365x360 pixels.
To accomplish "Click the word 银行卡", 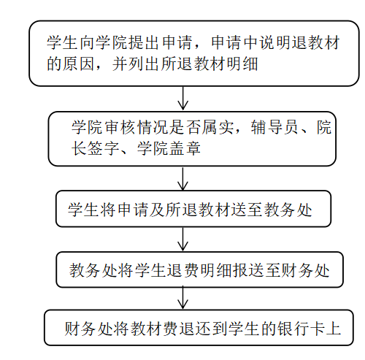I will (296, 328).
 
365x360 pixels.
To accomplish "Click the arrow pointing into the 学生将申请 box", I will (183, 179).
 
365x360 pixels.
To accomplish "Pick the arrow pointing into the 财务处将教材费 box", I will (183, 299).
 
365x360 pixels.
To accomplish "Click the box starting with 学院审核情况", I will (192, 138).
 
